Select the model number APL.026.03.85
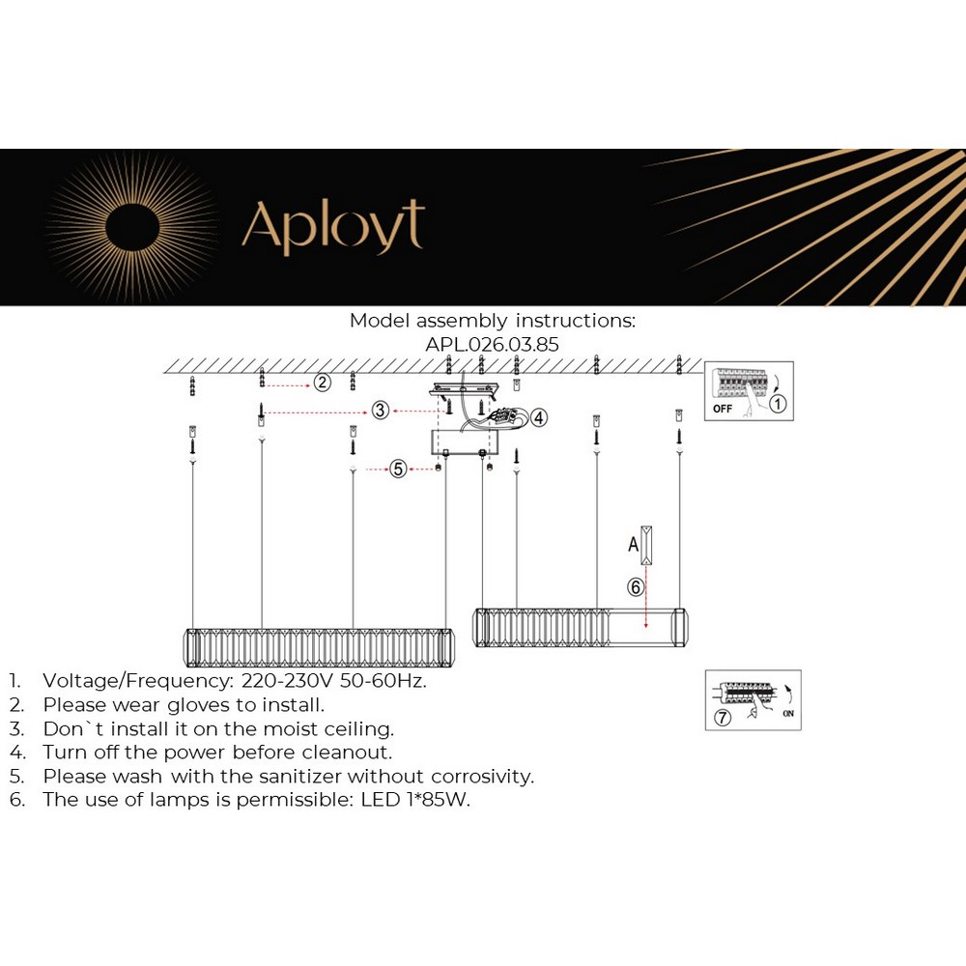(492, 344)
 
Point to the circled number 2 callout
(322, 384)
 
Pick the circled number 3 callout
(381, 411)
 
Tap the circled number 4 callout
(538, 417)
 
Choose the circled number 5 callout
(397, 469)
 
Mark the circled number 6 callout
(635, 586)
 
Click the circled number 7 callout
(722, 718)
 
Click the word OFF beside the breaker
(723, 409)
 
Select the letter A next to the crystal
(634, 545)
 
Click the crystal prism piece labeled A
(646, 545)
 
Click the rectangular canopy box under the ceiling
(465, 442)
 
